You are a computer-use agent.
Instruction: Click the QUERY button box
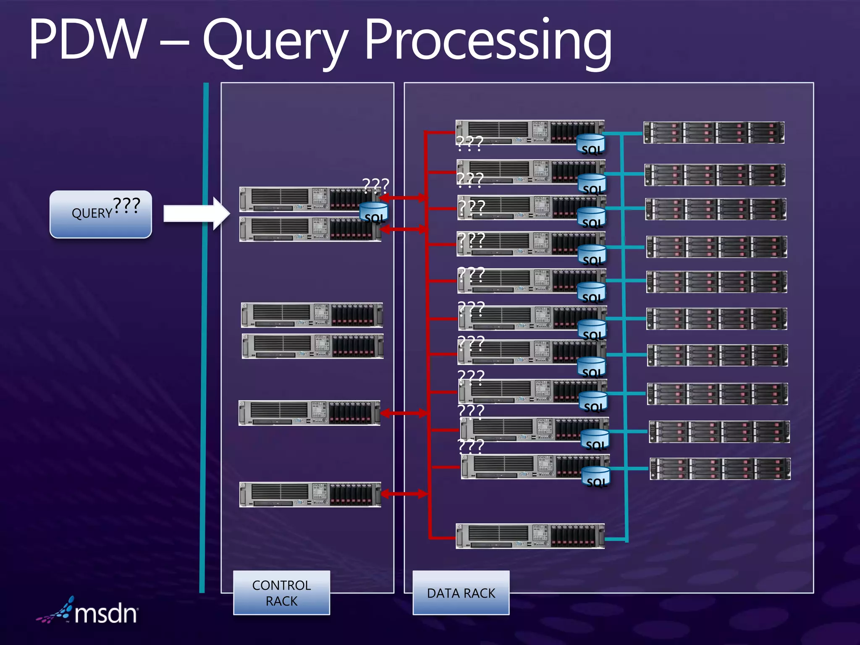[x=100, y=215]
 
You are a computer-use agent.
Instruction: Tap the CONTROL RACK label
[x=281, y=593]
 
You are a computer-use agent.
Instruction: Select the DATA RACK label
[x=461, y=593]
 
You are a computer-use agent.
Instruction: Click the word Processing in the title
[x=487, y=42]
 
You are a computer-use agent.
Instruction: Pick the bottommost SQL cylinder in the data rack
[x=595, y=477]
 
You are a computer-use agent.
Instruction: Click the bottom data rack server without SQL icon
[x=530, y=536]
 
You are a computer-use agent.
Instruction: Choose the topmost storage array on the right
[x=713, y=133]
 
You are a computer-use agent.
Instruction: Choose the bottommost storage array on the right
[x=720, y=469]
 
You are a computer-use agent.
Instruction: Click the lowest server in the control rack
[x=310, y=494]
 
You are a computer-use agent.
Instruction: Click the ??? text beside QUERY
[x=126, y=205]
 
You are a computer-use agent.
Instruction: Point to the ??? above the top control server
[x=375, y=185]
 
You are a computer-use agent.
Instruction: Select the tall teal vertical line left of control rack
[x=204, y=336]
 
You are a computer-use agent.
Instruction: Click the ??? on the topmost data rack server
[x=469, y=143]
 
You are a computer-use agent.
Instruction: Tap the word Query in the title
[x=275, y=42]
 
